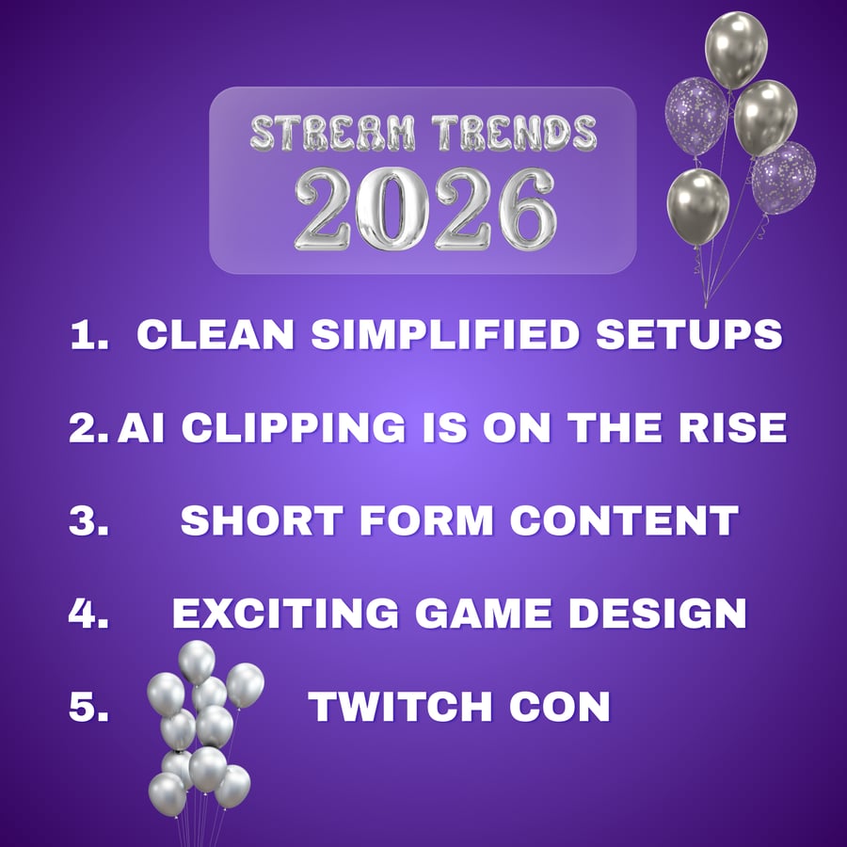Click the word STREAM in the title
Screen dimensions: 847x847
pyautogui.click(x=333, y=133)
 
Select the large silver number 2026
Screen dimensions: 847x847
pyautogui.click(x=425, y=209)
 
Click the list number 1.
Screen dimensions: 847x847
pyautogui.click(x=89, y=334)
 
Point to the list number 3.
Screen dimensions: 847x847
pyautogui.click(x=89, y=520)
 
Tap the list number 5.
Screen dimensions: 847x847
pyautogui.click(x=89, y=707)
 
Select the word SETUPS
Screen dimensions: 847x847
pyautogui.click(x=689, y=334)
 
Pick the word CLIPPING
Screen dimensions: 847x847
pyautogui.click(x=294, y=428)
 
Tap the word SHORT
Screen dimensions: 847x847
pyautogui.click(x=263, y=520)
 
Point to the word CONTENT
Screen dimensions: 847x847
pyautogui.click(x=625, y=520)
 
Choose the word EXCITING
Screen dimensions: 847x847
pyautogui.click(x=286, y=614)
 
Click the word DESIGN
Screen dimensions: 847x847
pyautogui.click(x=658, y=614)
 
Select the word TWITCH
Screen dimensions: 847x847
pyautogui.click(x=400, y=707)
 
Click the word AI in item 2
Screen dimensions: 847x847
pyautogui.click(x=141, y=428)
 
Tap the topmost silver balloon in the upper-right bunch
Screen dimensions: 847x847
pyautogui.click(x=736, y=50)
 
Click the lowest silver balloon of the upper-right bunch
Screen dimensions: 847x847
pyautogui.click(x=698, y=207)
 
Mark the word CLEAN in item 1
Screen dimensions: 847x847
pyautogui.click(x=216, y=334)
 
